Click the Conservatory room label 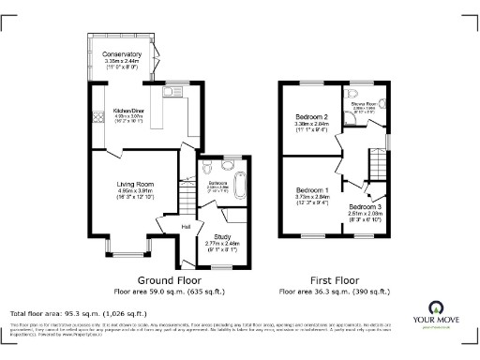tap(122, 54)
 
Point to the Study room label tap(222, 236)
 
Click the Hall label tap(187, 227)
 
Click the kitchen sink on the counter tap(170, 92)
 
